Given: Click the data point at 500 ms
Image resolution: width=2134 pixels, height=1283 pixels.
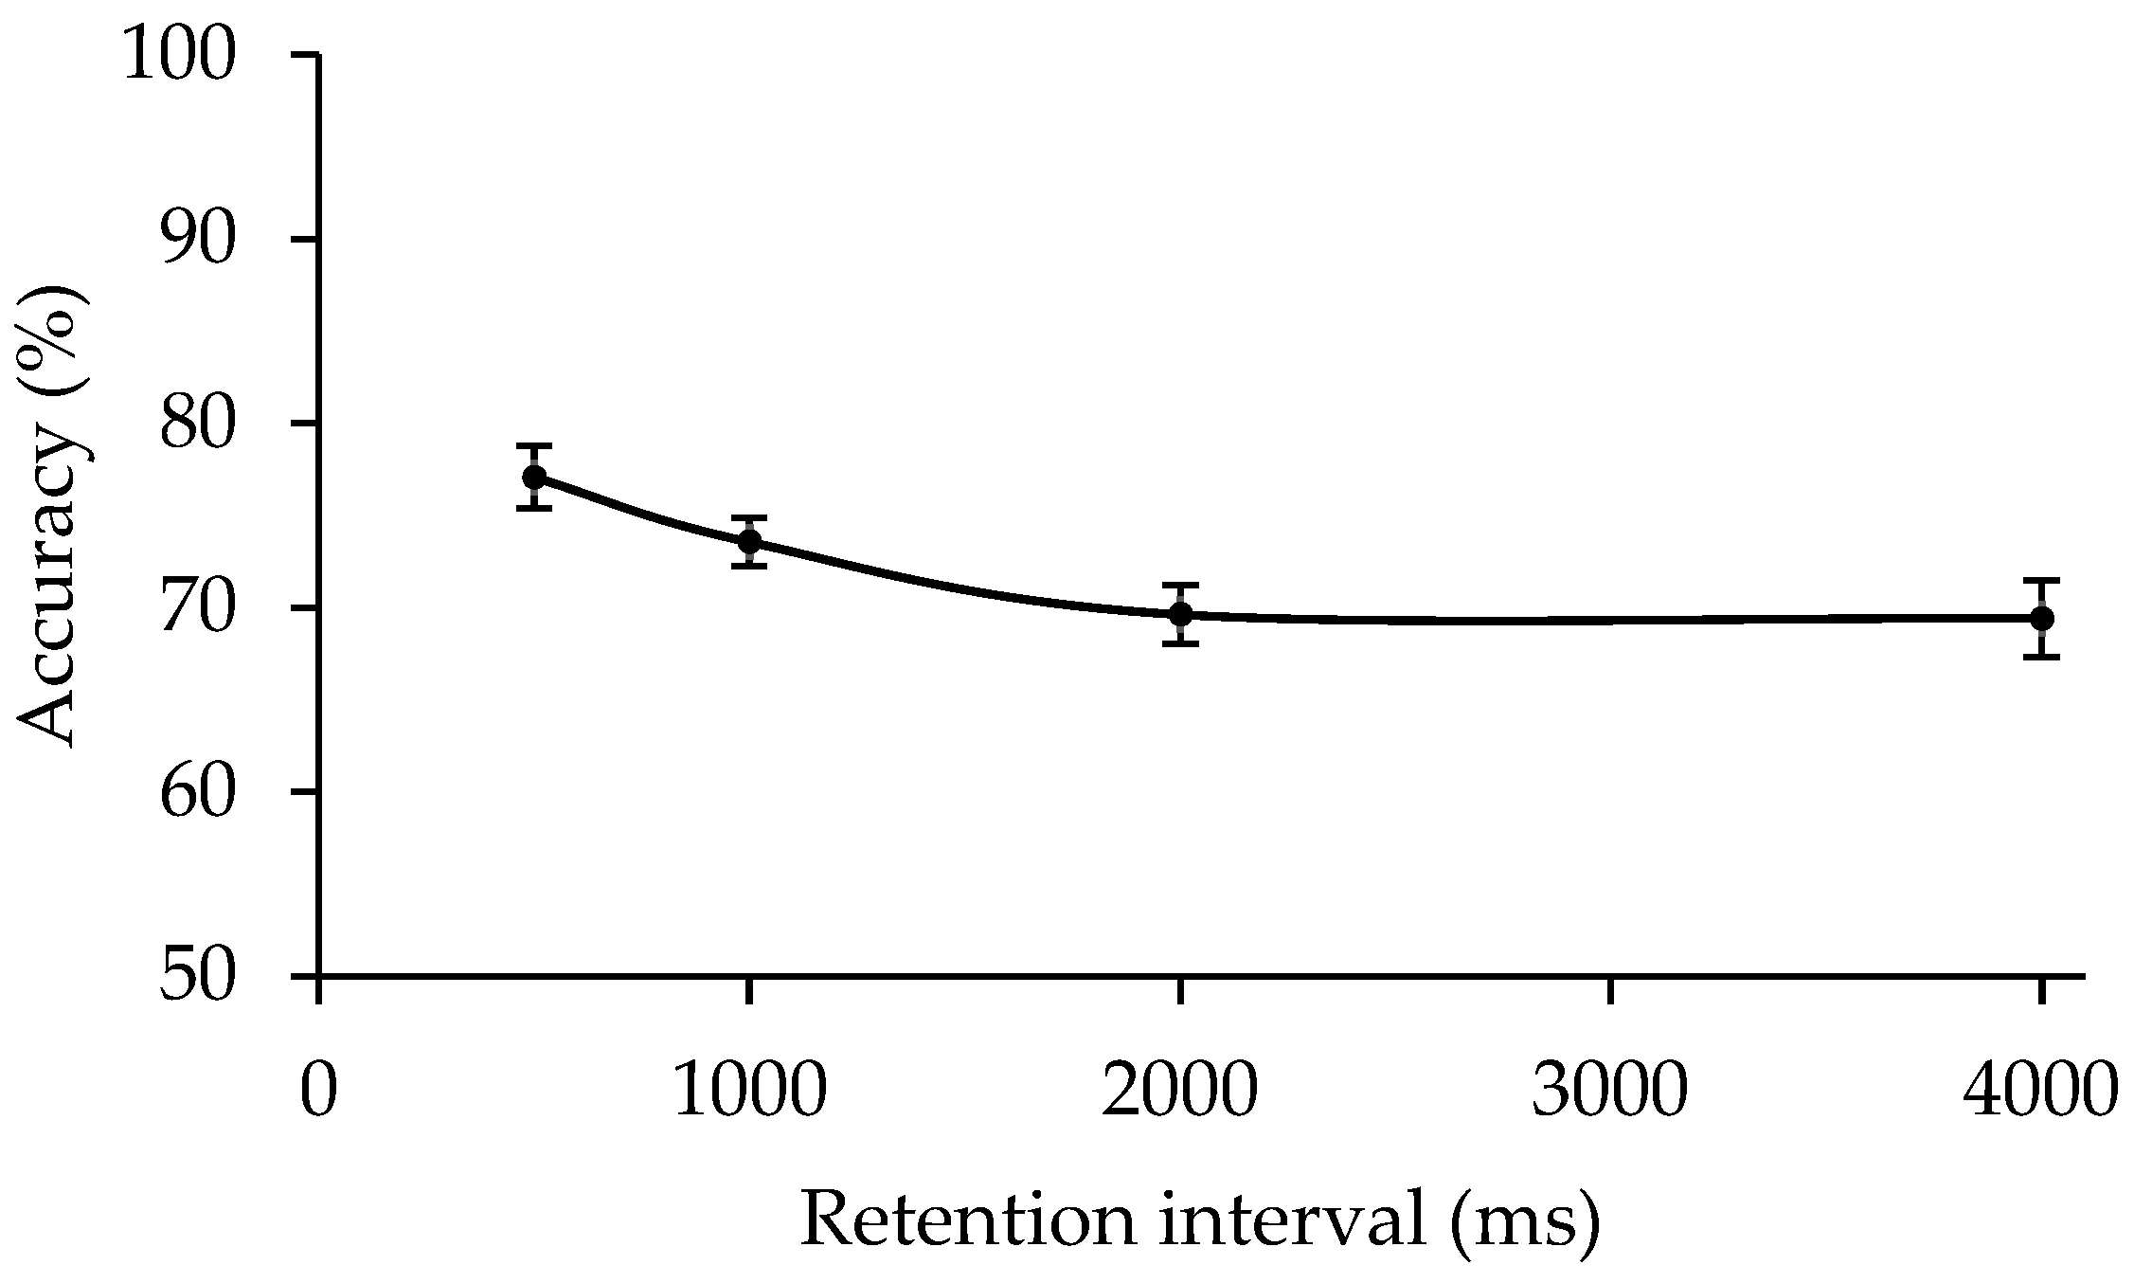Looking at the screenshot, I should [x=534, y=477].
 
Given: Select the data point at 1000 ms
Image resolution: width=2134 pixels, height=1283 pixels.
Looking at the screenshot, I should [x=749, y=541].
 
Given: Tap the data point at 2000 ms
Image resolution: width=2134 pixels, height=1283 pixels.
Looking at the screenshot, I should [x=1180, y=614].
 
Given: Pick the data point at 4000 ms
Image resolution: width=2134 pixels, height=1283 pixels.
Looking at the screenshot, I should [x=2042, y=619].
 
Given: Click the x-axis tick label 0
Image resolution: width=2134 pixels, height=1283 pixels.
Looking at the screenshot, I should [x=319, y=1093].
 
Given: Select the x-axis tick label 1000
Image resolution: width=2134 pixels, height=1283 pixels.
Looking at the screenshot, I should [x=749, y=1093].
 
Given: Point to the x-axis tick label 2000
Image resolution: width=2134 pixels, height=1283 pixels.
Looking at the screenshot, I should [x=1180, y=1093].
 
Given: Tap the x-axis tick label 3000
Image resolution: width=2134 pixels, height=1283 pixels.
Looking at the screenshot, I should [x=1610, y=1093].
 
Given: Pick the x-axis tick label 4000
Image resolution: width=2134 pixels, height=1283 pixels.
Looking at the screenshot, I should [x=2039, y=1093].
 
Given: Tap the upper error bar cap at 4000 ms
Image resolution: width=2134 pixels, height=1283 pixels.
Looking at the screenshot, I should [x=2042, y=580].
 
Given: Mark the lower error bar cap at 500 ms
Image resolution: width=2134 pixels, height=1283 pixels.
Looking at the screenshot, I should [x=534, y=509].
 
